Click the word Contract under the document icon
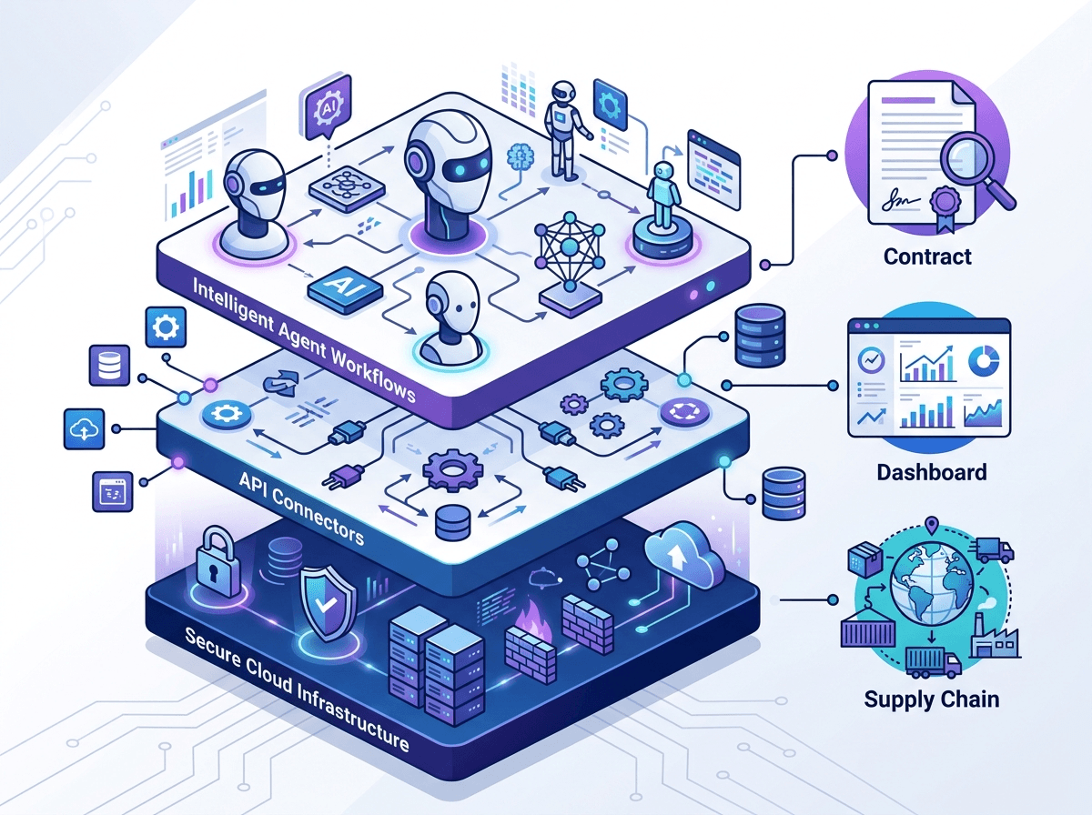(x=927, y=257)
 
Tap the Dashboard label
(x=931, y=472)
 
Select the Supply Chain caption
(x=931, y=699)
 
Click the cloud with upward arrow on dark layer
(x=682, y=555)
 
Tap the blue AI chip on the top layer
(x=345, y=290)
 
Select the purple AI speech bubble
(x=328, y=107)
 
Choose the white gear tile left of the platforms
(x=166, y=327)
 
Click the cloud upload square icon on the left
(x=85, y=428)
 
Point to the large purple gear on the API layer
(x=452, y=469)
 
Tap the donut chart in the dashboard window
(x=984, y=360)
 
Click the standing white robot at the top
(x=563, y=130)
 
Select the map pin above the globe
(x=931, y=525)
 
